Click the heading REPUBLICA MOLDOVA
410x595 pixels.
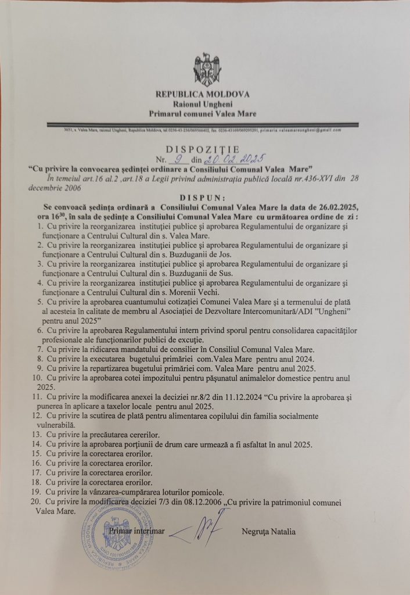pyautogui.click(x=202, y=94)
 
